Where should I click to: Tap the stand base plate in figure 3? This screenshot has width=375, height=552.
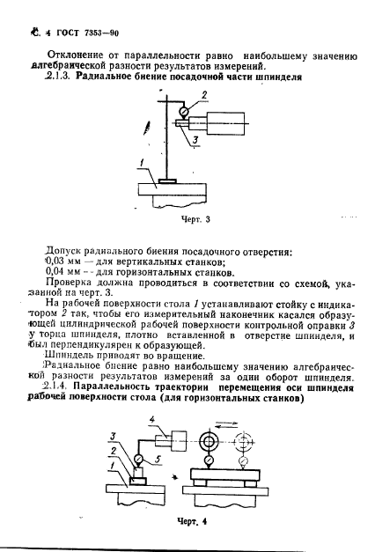(x=167, y=181)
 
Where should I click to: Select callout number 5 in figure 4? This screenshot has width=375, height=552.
(x=158, y=459)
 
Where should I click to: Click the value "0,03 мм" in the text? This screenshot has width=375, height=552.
(x=59, y=260)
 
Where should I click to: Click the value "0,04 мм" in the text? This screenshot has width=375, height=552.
(x=59, y=273)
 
